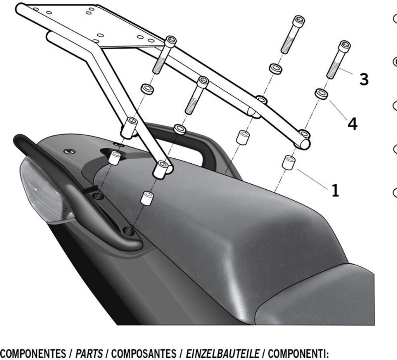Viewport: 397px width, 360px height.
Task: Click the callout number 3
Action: point(364,79)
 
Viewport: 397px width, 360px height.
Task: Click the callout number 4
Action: point(352,124)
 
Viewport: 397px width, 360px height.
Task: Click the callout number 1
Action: point(335,190)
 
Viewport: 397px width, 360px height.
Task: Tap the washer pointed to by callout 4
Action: point(322,94)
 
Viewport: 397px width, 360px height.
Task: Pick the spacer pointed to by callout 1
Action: point(288,163)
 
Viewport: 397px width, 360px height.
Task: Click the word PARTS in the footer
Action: point(89,353)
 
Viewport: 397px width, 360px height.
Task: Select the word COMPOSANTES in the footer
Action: point(143,353)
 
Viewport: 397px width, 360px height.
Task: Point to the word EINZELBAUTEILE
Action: point(223,353)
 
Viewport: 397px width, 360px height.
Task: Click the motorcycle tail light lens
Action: point(46,189)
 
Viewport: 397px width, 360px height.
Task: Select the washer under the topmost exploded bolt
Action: point(276,69)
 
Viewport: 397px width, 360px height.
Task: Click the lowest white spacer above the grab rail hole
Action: point(147,198)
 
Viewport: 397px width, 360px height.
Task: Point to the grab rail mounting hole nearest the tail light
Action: point(98,196)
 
